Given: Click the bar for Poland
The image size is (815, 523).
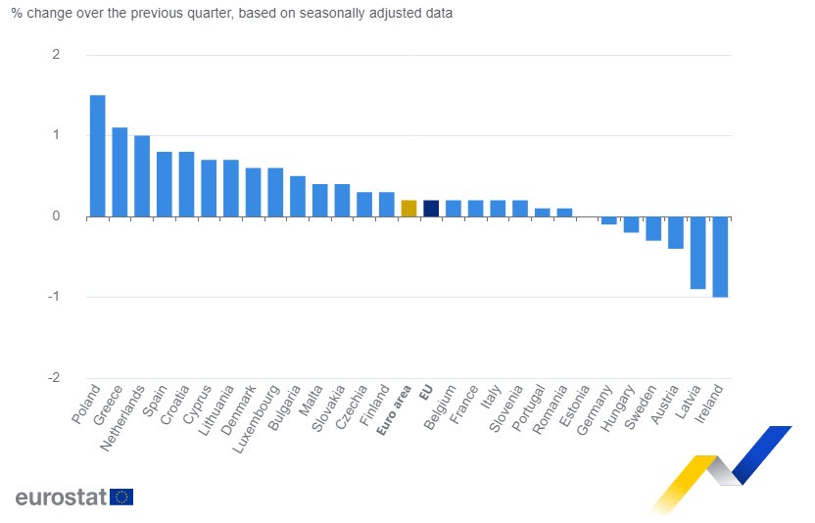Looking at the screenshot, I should pos(97,156).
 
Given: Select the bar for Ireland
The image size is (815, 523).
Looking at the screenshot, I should pos(720,257).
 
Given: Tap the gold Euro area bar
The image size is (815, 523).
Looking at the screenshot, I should pos(408,209).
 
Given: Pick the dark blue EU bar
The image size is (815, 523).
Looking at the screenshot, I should pos(431,209).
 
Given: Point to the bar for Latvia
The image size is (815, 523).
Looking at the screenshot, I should pos(697,253).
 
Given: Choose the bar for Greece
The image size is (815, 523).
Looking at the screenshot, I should pos(120,172).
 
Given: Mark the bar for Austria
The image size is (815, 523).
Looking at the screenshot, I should pos(675,233).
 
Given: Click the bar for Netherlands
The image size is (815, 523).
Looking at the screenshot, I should pos(142,176).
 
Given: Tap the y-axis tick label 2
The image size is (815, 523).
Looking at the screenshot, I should pos(56,55).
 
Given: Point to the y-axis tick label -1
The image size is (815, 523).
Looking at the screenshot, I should pos(54,297).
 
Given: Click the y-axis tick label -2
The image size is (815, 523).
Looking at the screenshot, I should pos(54,378).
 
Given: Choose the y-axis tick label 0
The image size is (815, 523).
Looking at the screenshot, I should pos(56,216).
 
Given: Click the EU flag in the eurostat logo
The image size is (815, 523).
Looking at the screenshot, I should pos(121,497).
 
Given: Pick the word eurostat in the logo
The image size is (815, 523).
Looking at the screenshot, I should pos(61,497).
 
